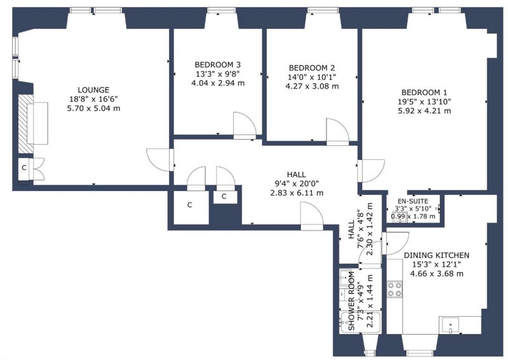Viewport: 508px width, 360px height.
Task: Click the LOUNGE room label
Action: (x=93, y=90)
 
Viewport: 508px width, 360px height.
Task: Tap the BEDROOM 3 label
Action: (x=218, y=65)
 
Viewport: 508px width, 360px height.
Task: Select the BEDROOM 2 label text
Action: (x=312, y=68)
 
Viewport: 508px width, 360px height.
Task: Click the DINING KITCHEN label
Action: (x=436, y=255)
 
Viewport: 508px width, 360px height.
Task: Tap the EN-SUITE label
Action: (x=413, y=201)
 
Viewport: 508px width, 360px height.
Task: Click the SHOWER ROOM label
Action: (x=351, y=301)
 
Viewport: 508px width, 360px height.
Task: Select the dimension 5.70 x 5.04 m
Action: (x=93, y=108)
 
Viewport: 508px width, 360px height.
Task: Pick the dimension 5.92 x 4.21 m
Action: (x=424, y=111)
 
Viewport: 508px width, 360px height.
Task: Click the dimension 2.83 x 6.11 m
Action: (x=297, y=193)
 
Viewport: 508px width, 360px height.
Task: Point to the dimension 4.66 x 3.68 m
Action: (x=437, y=274)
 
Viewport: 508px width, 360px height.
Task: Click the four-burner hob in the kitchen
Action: (x=394, y=290)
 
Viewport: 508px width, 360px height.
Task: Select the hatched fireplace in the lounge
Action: (x=25, y=124)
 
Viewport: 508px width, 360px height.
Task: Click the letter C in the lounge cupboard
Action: (x=24, y=168)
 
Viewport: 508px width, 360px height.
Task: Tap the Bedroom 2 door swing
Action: (x=338, y=132)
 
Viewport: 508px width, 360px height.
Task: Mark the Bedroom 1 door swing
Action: (x=371, y=171)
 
